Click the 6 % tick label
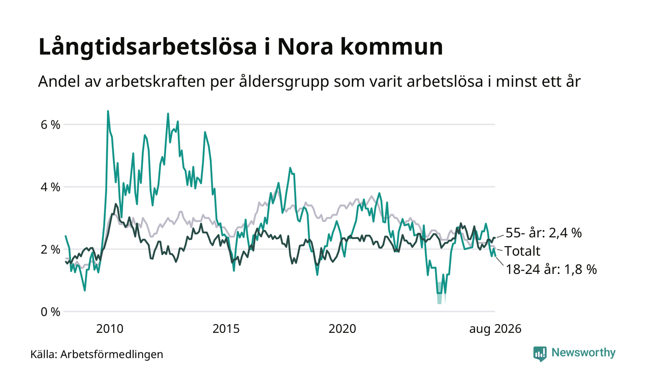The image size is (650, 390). [51, 125]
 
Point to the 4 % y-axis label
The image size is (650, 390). [51, 187]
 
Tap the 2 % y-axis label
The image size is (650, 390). [51, 250]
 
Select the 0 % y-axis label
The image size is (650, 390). [51, 312]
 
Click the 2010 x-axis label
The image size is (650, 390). [110, 329]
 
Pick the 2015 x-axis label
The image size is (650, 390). [226, 329]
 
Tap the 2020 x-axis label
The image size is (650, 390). [342, 329]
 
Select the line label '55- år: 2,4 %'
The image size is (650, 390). [544, 233]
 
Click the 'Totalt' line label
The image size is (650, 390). [523, 251]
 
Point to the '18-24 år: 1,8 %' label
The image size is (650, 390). [552, 269]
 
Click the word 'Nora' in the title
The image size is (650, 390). [305, 47]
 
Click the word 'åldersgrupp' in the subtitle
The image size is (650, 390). [284, 82]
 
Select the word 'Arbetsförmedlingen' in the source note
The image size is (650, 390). [112, 355]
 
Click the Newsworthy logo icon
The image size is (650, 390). [539, 354]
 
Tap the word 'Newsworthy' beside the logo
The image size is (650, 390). [583, 353]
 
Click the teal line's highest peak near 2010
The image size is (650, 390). [108, 111]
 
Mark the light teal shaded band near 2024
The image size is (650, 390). [440, 293]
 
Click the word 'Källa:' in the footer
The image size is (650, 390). [44, 355]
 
